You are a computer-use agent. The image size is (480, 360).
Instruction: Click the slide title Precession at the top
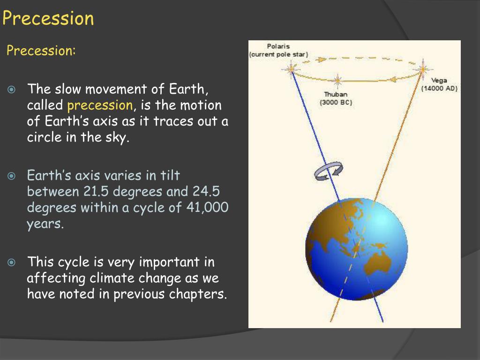[48, 19]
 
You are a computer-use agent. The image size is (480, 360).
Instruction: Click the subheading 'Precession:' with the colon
[41, 51]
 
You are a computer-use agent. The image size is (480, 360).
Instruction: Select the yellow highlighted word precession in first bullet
[100, 105]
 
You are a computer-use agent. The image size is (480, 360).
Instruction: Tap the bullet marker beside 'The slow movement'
[13, 89]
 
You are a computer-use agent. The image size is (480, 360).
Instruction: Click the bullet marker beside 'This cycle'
[13, 262]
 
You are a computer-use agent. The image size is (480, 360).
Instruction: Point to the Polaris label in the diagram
[278, 46]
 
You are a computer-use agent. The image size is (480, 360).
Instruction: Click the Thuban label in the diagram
[336, 95]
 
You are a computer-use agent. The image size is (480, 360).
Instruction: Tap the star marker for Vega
[423, 70]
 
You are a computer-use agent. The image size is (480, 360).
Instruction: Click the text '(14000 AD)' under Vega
[439, 88]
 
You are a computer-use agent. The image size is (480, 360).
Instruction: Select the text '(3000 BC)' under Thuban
[336, 102]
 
